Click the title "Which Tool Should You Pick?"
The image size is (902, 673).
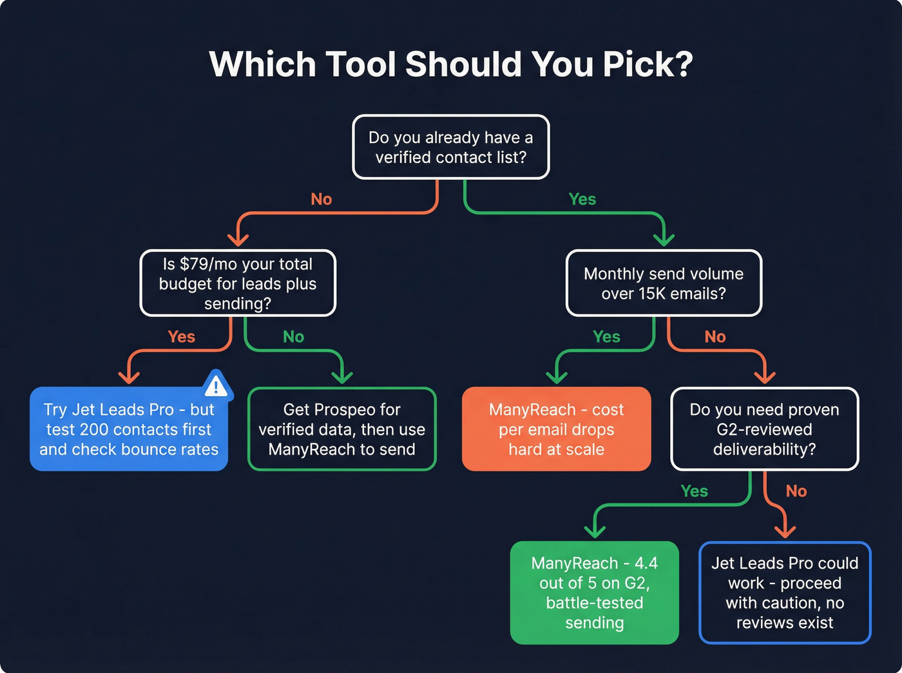point(451,64)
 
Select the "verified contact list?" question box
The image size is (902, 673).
point(451,147)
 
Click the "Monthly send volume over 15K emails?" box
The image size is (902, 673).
point(664,283)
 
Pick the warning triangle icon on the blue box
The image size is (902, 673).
point(216,385)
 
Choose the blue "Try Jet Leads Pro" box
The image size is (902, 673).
point(129,430)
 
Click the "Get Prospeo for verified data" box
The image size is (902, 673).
point(342,430)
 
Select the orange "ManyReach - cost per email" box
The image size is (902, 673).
point(556,430)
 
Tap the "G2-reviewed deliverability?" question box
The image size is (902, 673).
point(764,430)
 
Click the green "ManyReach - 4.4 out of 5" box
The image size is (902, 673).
point(594,592)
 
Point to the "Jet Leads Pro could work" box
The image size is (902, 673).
point(785,592)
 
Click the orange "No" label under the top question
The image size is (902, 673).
point(321,200)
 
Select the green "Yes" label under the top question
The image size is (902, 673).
point(582,200)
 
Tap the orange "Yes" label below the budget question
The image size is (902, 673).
point(181,337)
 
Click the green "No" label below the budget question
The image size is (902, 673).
point(293,337)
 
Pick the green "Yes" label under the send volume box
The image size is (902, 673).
point(606,337)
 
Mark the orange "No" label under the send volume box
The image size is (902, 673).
point(715,337)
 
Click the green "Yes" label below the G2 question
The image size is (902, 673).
point(694,491)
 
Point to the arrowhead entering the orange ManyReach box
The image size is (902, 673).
point(556,377)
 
